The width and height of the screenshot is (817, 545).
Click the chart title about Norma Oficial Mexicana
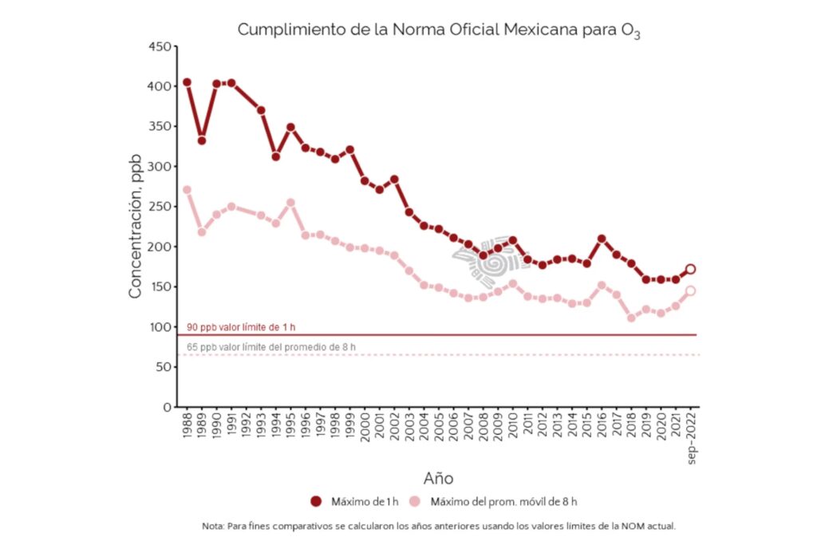[x=439, y=30]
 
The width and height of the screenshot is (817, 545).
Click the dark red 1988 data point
[x=187, y=82]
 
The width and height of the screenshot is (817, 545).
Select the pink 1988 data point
[x=187, y=190]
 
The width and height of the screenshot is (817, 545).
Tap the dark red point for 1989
[x=202, y=140]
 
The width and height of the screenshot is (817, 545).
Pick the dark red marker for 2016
[x=602, y=239]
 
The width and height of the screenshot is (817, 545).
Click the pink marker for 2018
[x=631, y=318]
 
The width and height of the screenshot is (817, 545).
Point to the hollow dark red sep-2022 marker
[x=691, y=269]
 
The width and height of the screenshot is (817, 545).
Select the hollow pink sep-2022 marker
[x=691, y=290]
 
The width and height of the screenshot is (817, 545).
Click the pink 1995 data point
[x=290, y=203]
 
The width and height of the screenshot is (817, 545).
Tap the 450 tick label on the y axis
[x=160, y=46]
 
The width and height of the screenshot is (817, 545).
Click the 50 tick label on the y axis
[x=164, y=367]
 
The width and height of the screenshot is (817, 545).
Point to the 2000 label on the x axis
[x=365, y=431]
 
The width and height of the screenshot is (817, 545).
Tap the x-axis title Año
[x=438, y=478]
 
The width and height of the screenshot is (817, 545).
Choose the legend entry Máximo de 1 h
[x=354, y=501]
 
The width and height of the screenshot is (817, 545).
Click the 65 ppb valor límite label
[x=271, y=347]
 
